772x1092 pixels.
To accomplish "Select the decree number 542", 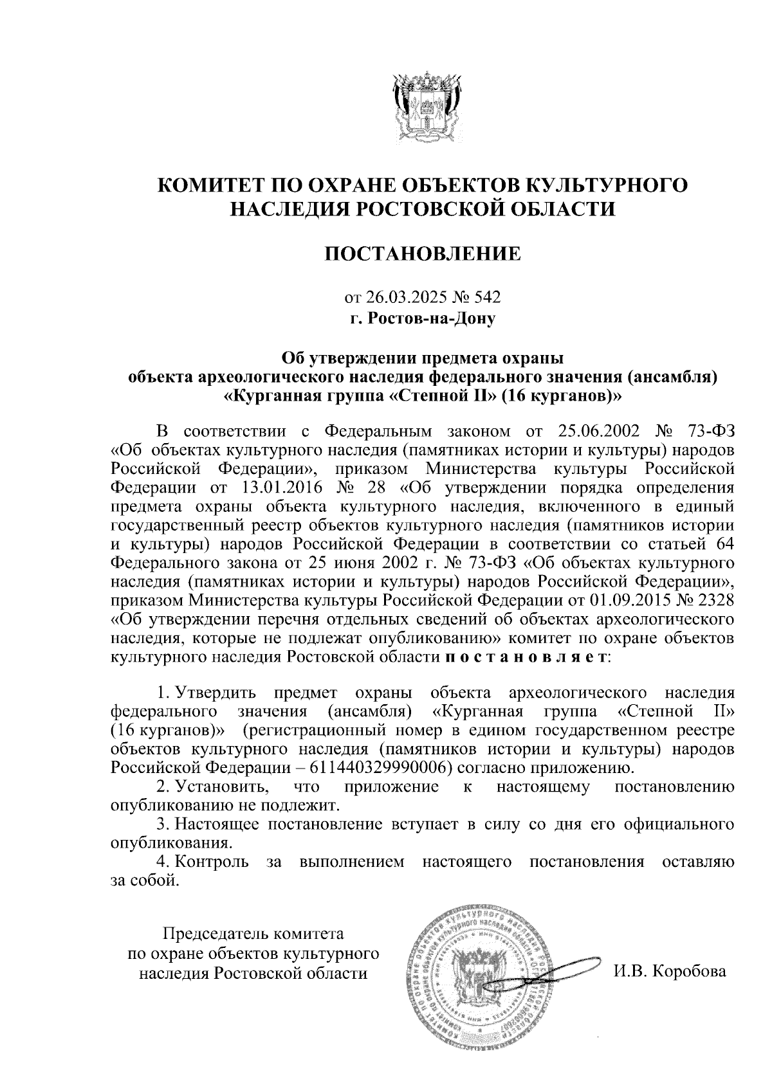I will click(x=487, y=297).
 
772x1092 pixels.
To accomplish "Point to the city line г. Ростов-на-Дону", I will click(x=423, y=317).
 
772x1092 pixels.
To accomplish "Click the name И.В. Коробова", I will click(x=669, y=971).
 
